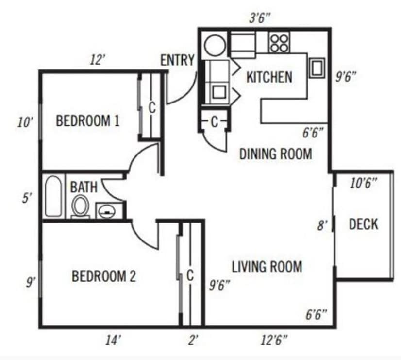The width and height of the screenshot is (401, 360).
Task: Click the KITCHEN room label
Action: [x=269, y=77]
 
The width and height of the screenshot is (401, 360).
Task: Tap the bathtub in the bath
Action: [x=53, y=196]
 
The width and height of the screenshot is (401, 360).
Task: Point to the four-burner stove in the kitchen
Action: [x=279, y=42]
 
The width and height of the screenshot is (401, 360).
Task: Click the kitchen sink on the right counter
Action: [x=317, y=68]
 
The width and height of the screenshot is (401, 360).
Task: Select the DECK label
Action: [x=363, y=224]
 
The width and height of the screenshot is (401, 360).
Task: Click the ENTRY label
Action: [x=177, y=60]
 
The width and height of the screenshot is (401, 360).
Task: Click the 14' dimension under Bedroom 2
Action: [x=112, y=340]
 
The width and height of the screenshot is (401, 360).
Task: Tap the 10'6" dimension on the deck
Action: [x=364, y=183]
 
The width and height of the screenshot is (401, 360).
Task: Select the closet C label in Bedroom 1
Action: [x=151, y=108]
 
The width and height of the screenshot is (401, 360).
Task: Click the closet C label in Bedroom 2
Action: [x=190, y=275]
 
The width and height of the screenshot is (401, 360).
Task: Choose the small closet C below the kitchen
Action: [x=214, y=122]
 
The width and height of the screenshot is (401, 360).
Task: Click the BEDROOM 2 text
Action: [x=104, y=276]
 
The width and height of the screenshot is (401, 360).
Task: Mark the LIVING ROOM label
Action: [x=267, y=266]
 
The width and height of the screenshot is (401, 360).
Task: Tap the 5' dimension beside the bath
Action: [x=27, y=198]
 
